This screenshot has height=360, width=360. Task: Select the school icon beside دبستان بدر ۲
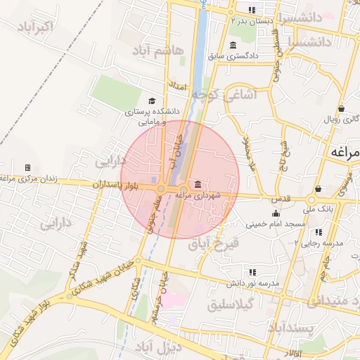point(252,10)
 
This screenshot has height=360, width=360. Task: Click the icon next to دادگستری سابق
point(233,45)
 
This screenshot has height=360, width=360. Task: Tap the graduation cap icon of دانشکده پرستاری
point(152,101)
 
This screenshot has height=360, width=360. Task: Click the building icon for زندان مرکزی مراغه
point(27,167)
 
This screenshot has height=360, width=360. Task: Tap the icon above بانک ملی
point(319,188)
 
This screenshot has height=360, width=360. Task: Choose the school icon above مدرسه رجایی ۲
point(319,231)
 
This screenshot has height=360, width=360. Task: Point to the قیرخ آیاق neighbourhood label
point(215,245)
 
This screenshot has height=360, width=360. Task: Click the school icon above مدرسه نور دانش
point(252,272)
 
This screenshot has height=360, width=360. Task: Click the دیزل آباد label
point(161,347)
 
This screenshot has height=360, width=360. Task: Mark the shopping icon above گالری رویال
point(341,109)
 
